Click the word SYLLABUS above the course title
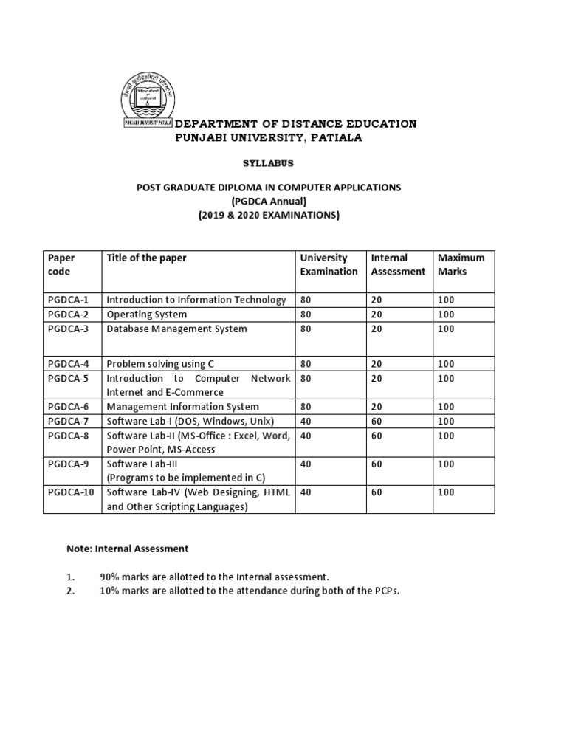click(x=264, y=162)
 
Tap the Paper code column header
click(x=62, y=264)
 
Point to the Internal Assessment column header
click(x=398, y=264)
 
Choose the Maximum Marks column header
click(x=461, y=264)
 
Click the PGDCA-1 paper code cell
click(x=68, y=300)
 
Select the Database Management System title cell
click(x=177, y=329)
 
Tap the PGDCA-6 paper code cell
click(x=68, y=407)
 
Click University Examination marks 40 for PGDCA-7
click(x=306, y=421)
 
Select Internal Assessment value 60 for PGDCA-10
click(x=377, y=492)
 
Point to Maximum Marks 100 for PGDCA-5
click(x=447, y=379)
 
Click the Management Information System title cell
click(x=183, y=407)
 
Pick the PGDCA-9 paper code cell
click(x=68, y=464)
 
